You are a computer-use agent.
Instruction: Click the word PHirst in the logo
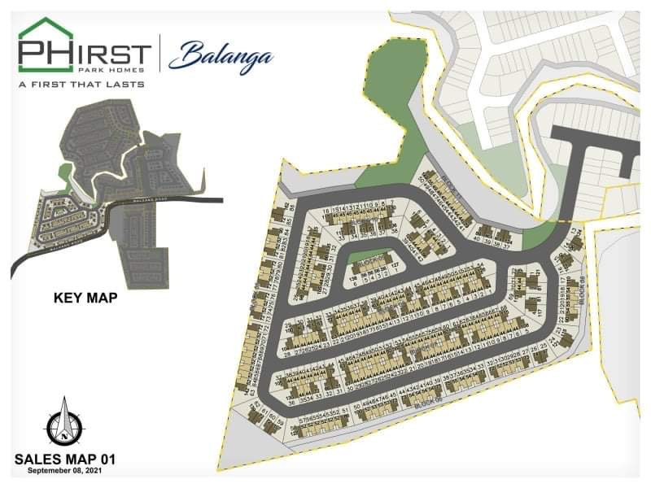click(x=85, y=55)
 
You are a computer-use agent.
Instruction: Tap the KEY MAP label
click(x=85, y=298)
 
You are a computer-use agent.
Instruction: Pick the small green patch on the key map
click(x=64, y=172)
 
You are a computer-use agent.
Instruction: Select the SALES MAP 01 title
click(x=65, y=460)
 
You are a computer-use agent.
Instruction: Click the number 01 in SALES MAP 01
click(x=106, y=460)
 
